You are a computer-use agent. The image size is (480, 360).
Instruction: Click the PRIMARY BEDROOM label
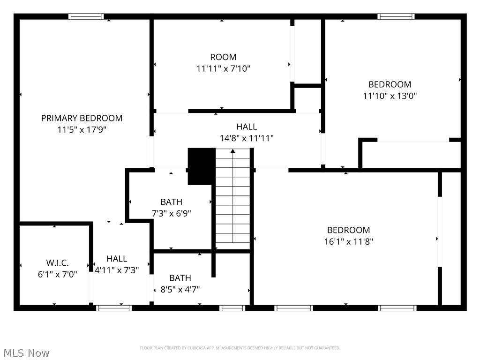coord(82,118)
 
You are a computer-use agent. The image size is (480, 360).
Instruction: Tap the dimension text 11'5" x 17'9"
coord(82,130)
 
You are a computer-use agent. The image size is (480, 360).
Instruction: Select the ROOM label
coord(223,57)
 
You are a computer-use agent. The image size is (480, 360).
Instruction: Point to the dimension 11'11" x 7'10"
coord(223,69)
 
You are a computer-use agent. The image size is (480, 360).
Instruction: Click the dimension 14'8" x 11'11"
coord(247,138)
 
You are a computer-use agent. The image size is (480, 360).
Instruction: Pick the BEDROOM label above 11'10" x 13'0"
coord(390,84)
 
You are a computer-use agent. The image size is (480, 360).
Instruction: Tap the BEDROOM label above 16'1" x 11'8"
coord(348,230)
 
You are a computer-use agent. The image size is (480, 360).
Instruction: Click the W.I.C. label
coord(57,263)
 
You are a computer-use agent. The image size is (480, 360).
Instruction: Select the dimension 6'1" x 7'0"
coord(57,275)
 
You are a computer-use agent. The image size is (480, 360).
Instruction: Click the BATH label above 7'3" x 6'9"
coord(171,202)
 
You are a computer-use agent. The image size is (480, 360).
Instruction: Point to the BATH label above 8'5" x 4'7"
coord(180,278)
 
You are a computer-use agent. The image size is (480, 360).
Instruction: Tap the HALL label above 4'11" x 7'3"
coord(117,259)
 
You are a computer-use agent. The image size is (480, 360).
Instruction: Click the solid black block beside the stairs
coord(201,166)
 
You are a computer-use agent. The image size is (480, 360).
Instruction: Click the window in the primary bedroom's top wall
coord(86,16)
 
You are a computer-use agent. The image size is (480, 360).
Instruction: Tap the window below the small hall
coord(113,308)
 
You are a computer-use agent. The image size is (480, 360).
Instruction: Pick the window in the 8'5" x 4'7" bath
coord(232,308)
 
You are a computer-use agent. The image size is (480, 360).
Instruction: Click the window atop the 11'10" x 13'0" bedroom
coord(396,16)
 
